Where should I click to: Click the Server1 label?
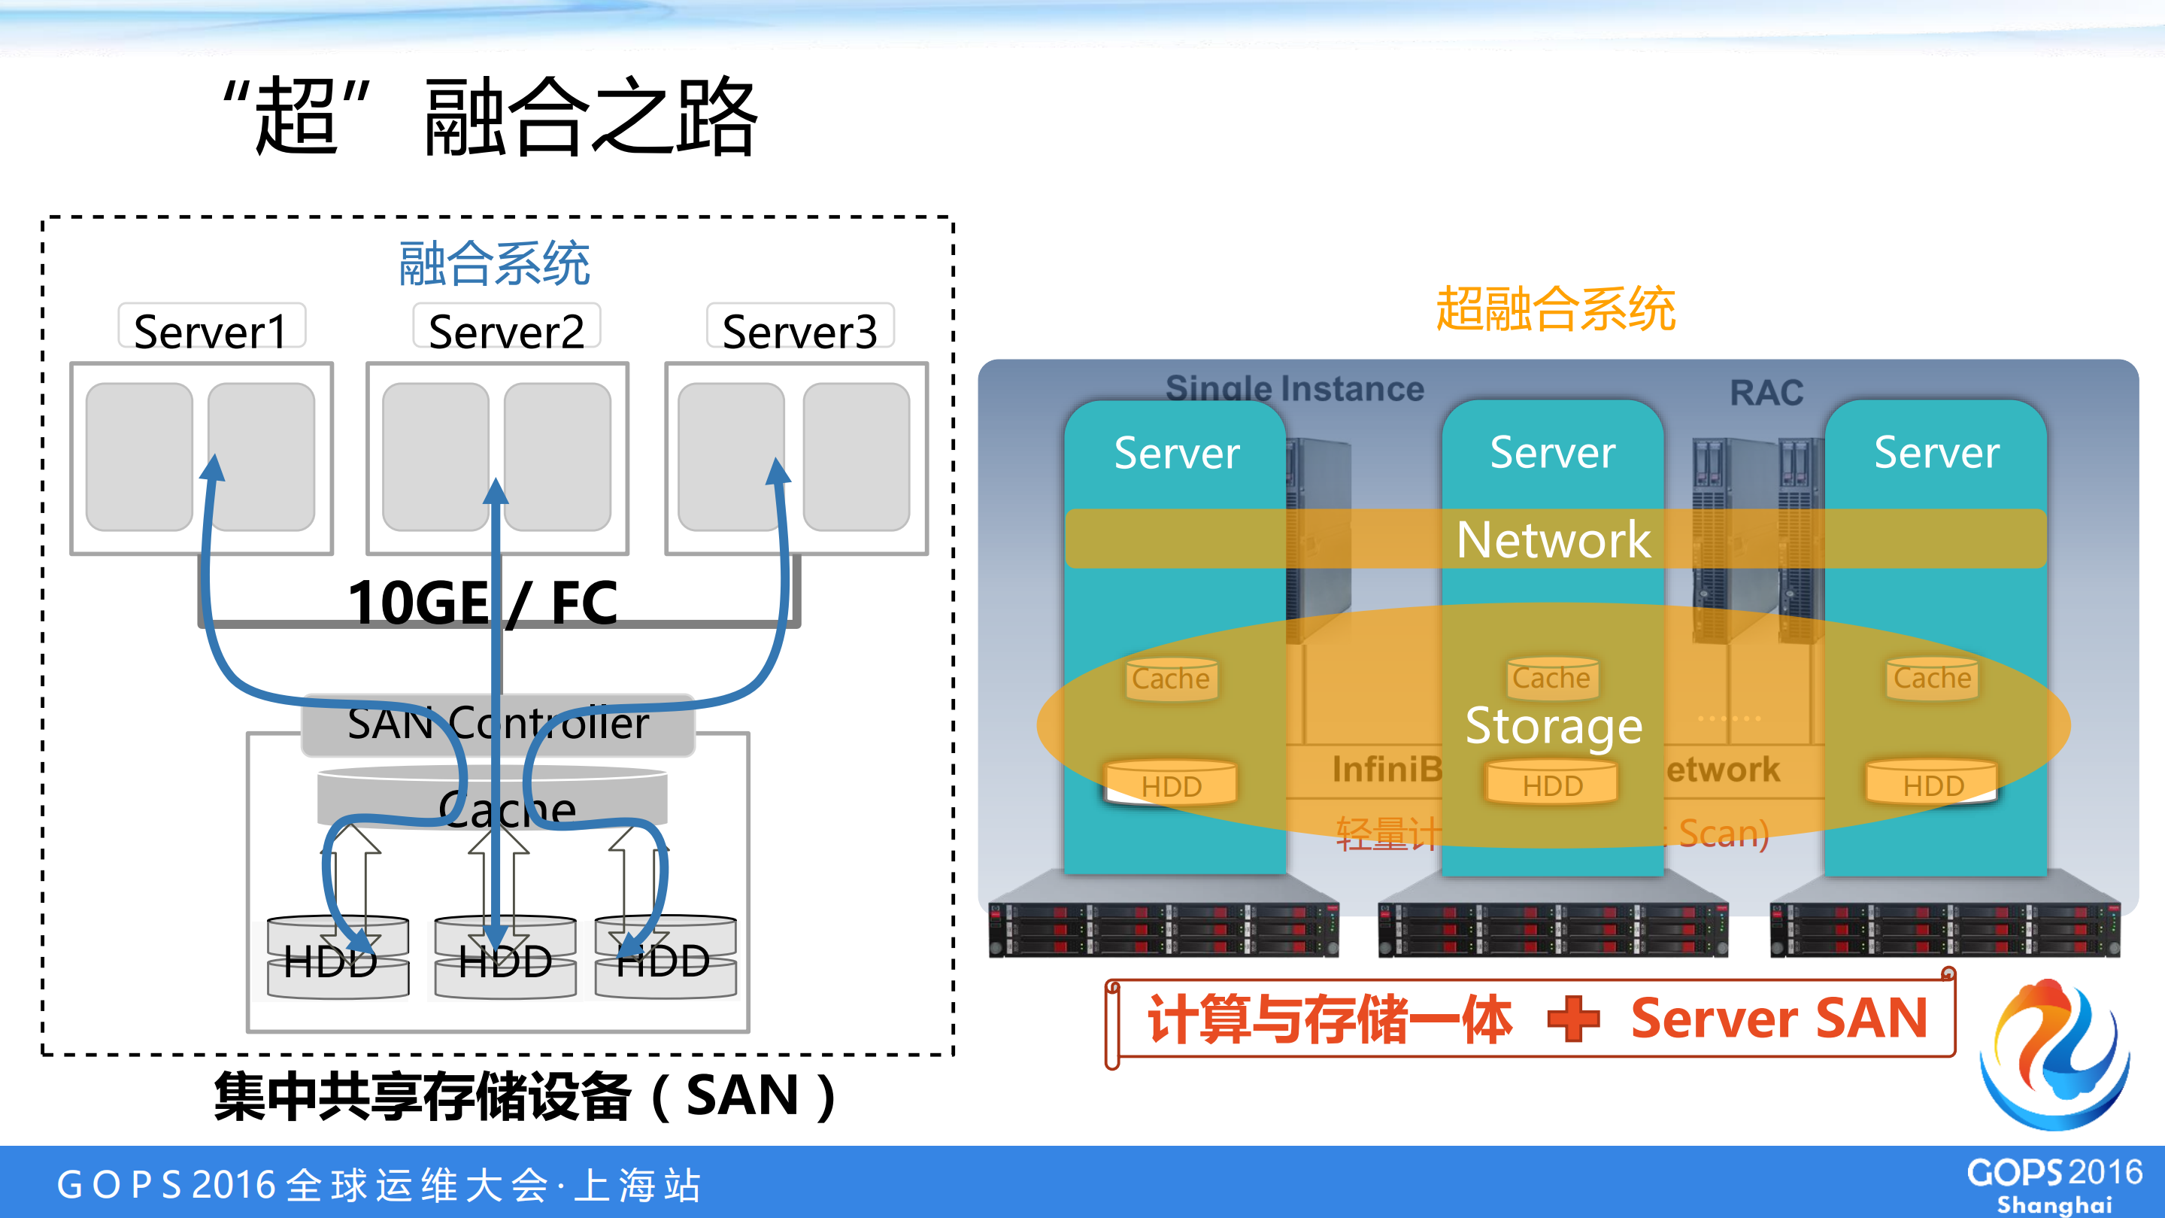pos(211,330)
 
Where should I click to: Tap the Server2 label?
pos(506,330)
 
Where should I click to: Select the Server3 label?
pos(799,330)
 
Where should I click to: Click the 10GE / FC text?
pos(484,602)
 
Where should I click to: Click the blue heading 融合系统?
pos(494,263)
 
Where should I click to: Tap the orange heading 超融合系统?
pos(1556,308)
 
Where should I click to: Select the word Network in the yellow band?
pos(1553,539)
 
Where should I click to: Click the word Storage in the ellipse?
pos(1553,726)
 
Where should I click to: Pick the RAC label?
pos(1766,393)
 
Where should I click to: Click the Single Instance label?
pos(1294,388)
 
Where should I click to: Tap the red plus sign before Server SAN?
pos(1573,1018)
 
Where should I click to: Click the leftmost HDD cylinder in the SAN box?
pos(338,958)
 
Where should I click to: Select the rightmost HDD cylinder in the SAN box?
pos(665,958)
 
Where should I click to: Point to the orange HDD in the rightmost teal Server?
pos(1932,783)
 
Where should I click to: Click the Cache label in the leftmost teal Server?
pos(1171,679)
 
